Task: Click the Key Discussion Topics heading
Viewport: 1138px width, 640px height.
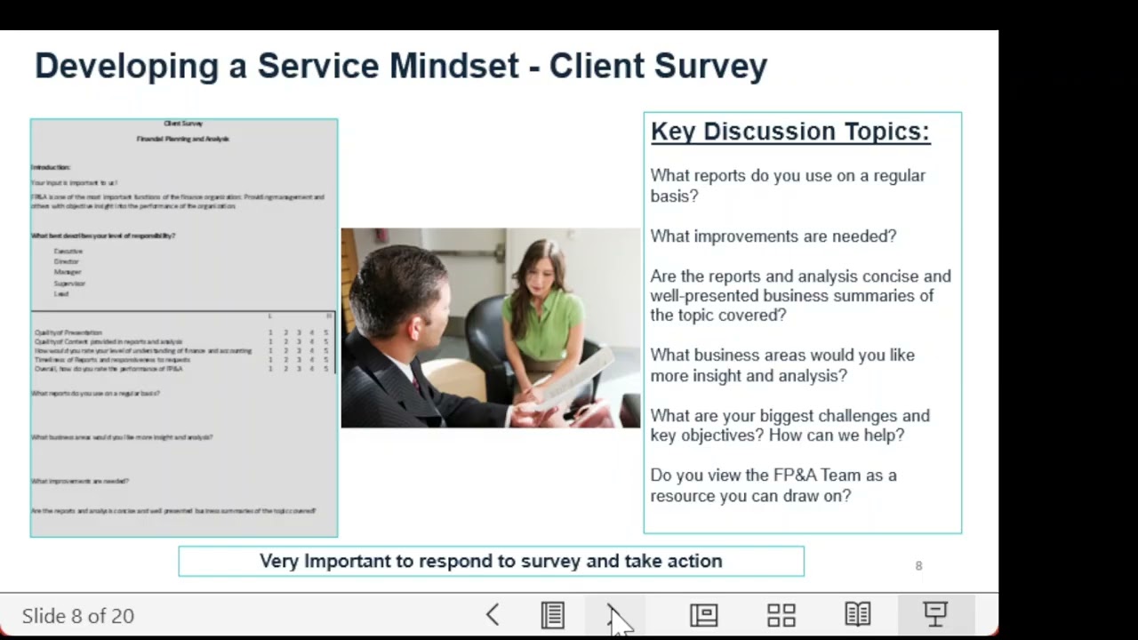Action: [x=789, y=132]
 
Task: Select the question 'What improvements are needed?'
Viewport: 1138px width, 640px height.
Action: [x=773, y=236]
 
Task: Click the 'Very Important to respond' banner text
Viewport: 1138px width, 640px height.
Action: [x=491, y=561]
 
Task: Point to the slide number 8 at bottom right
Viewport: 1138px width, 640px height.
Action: [x=918, y=565]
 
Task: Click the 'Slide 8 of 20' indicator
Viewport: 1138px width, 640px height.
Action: [x=78, y=616]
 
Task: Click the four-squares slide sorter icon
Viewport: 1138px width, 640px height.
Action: [x=781, y=615]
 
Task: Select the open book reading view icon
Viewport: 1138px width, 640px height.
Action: [x=857, y=615]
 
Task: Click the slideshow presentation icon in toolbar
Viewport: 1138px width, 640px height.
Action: [x=934, y=615]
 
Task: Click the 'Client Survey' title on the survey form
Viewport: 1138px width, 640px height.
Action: [x=183, y=124]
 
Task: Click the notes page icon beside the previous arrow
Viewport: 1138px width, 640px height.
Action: [x=552, y=615]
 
